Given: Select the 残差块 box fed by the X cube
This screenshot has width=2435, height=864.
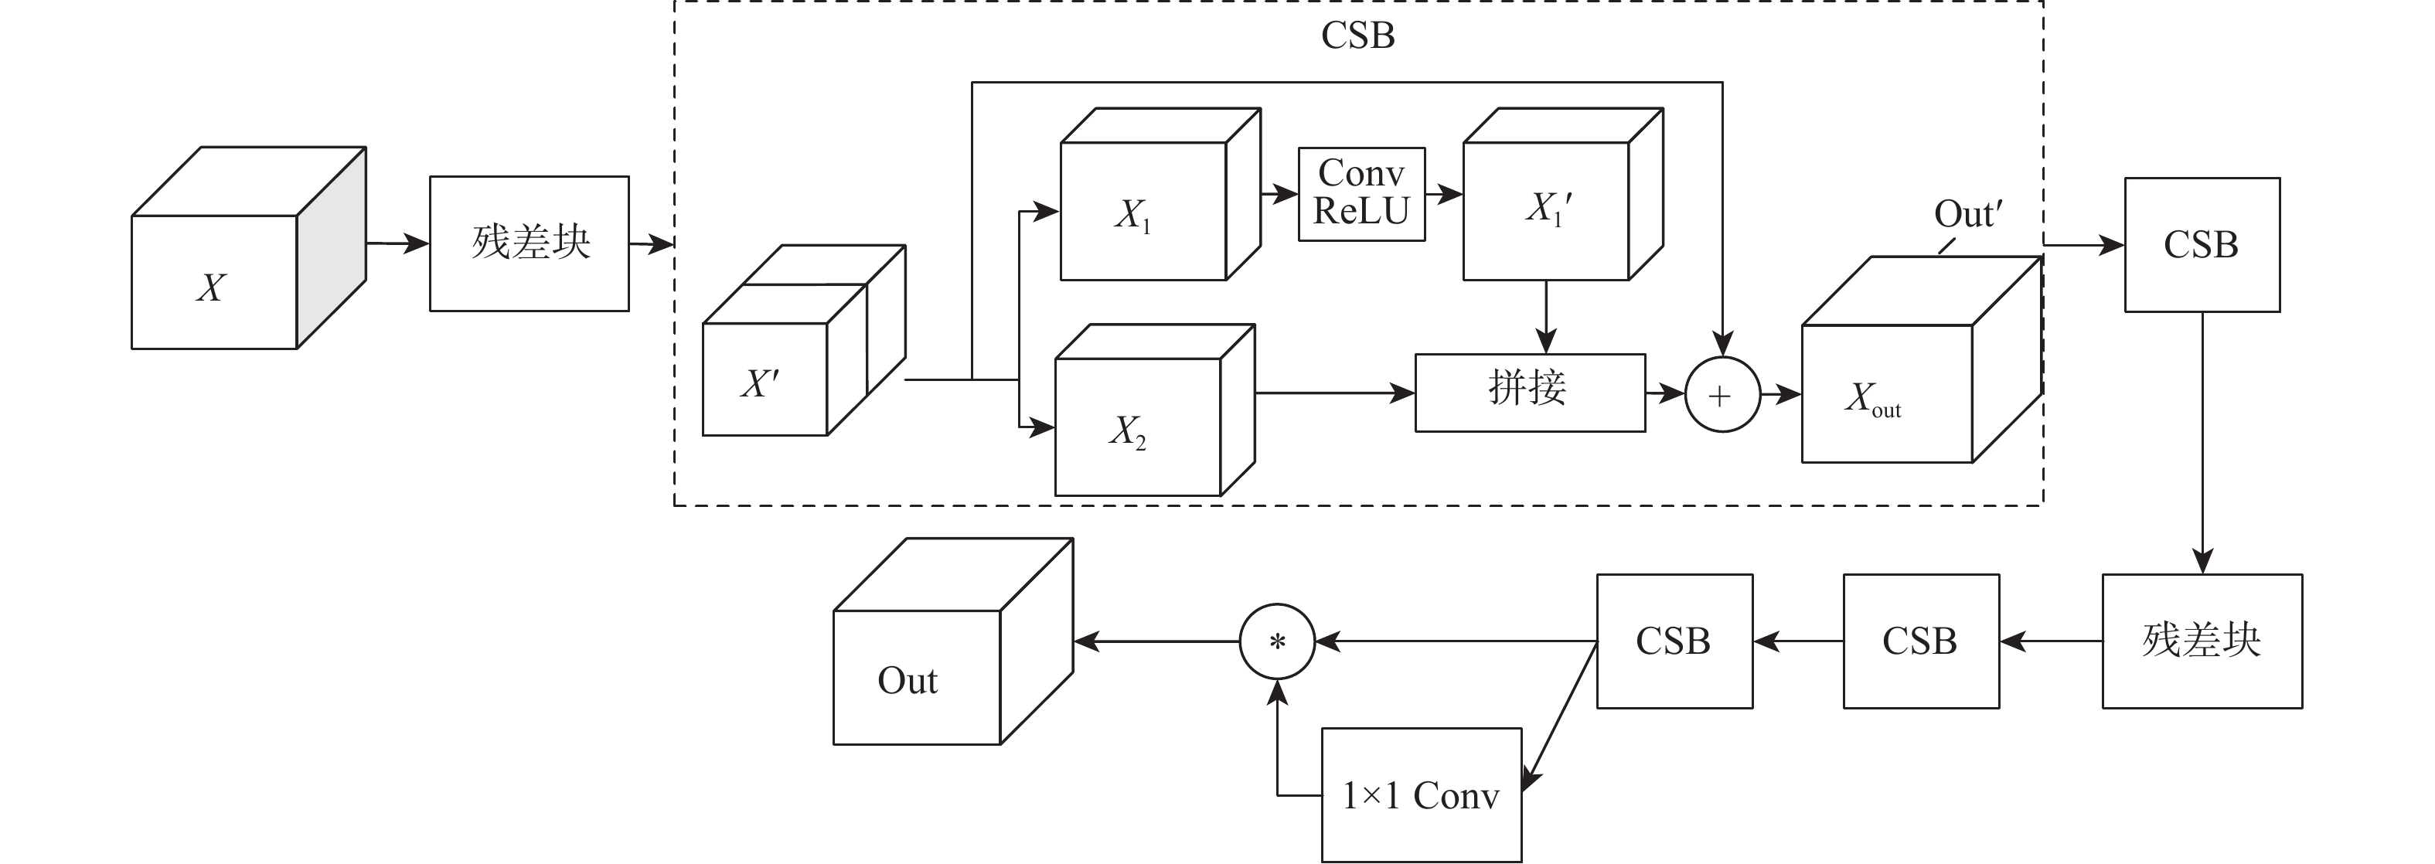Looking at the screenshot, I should (530, 243).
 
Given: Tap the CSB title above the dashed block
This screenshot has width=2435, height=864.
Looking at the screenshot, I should (1357, 36).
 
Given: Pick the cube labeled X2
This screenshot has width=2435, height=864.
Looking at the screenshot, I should (1138, 425).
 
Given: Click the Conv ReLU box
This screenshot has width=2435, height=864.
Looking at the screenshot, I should (1361, 194).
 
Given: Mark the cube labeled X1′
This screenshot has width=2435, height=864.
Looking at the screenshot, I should (1547, 210).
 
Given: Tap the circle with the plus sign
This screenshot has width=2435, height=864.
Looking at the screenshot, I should (1722, 394).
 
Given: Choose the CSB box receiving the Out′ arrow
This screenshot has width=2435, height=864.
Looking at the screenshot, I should (2202, 245).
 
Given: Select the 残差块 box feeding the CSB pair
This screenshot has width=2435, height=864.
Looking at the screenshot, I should (2202, 641).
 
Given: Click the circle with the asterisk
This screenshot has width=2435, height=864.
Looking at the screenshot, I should (1277, 642).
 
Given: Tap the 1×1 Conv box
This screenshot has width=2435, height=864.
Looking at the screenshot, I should (1421, 795).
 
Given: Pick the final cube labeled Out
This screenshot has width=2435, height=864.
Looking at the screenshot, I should (917, 677).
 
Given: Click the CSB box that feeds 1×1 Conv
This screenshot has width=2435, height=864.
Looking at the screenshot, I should (1674, 641).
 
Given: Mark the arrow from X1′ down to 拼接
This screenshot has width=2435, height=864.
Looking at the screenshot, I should (1545, 317).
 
